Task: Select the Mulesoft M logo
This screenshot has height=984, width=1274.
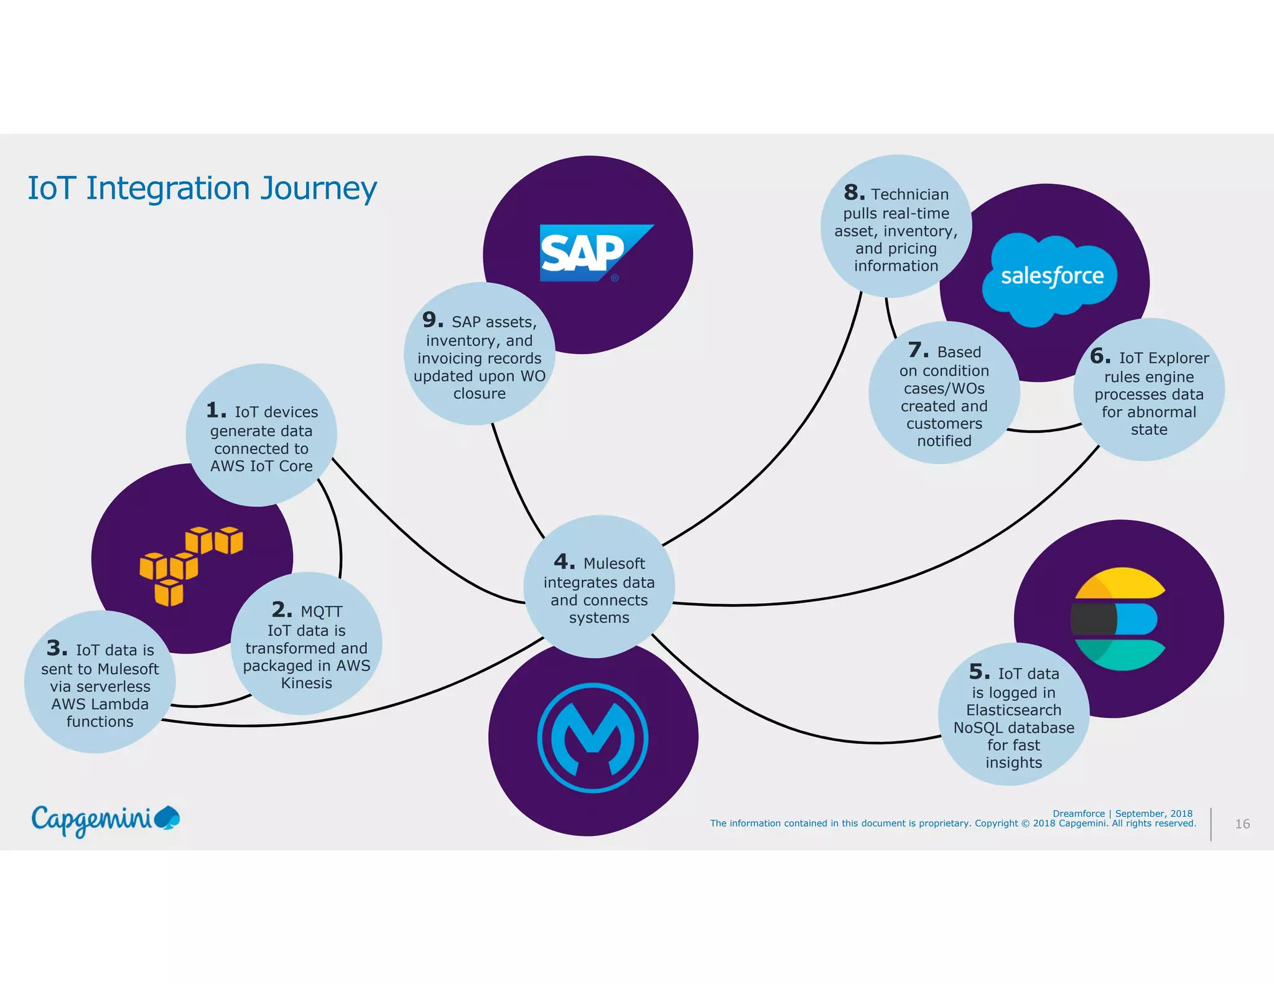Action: point(593,738)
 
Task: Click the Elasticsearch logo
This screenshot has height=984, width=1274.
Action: point(1118,619)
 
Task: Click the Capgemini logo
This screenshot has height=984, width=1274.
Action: point(105,820)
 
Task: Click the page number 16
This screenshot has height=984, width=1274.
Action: point(1242,824)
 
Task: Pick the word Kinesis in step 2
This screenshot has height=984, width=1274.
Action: point(306,684)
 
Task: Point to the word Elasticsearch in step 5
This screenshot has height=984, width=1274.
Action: point(1013,710)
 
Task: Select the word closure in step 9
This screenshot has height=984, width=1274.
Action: point(479,394)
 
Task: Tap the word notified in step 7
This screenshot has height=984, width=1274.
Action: point(944,441)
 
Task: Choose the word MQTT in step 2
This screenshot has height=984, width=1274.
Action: point(321,612)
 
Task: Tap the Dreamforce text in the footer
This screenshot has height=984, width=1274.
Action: point(1078,814)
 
